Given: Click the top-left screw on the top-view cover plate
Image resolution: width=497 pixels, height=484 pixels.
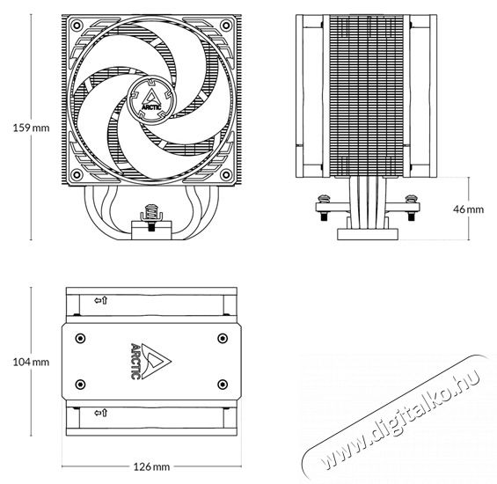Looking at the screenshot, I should (x=80, y=338).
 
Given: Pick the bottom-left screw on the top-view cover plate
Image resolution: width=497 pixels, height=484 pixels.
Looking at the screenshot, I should (x=80, y=384).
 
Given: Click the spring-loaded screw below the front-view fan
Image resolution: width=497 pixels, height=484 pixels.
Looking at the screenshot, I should (x=151, y=215).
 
